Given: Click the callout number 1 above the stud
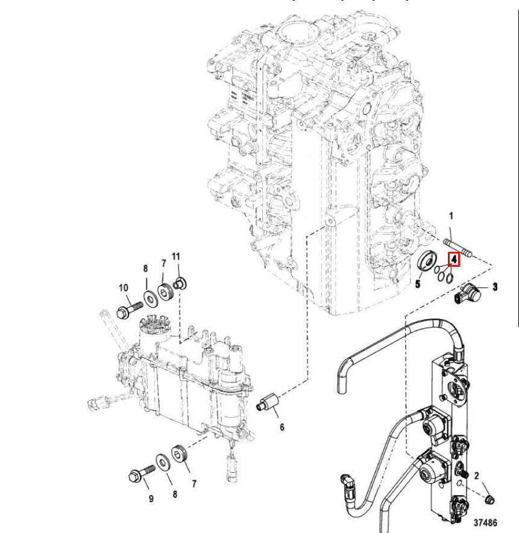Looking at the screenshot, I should click(450, 216).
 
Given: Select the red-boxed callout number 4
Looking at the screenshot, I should click(454, 259).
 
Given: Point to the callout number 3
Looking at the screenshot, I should click(495, 287).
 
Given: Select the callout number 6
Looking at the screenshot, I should click(282, 428).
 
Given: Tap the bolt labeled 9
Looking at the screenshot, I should click(140, 476).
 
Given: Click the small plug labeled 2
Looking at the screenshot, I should click(490, 499).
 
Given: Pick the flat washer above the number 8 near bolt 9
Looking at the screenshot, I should click(162, 463).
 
